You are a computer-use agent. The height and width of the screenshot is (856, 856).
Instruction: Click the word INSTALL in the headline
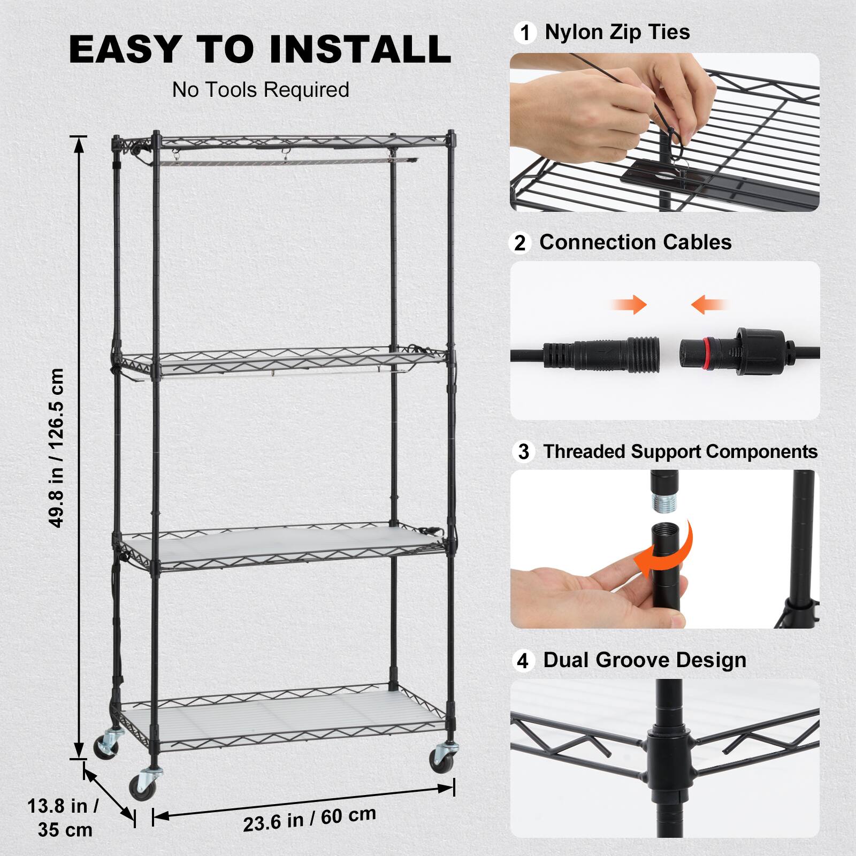[360, 49]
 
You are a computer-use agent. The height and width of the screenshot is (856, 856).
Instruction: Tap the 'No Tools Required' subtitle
[261, 90]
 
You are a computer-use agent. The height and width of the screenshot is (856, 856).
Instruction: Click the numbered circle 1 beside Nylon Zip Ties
[525, 33]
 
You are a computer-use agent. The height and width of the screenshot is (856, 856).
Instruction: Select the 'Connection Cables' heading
[635, 242]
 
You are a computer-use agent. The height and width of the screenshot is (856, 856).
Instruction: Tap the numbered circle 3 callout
[523, 452]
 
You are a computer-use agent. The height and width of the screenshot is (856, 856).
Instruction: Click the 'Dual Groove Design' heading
[645, 660]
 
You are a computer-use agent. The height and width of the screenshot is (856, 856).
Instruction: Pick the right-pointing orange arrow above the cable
[630, 305]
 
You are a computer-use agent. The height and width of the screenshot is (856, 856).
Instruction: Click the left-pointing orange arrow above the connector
[708, 305]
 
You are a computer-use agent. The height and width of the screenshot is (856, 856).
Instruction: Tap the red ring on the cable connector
[706, 354]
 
